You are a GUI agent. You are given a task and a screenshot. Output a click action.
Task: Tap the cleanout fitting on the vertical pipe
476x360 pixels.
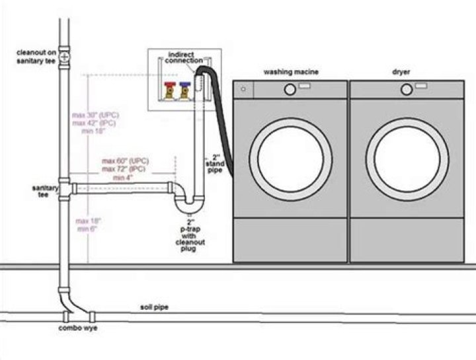click(63, 56)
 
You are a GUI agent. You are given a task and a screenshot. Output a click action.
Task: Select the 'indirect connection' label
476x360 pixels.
click(185, 57)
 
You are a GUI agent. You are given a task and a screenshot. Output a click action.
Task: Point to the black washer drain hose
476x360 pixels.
click(223, 119)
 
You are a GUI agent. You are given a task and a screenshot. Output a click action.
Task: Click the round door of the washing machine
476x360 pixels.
click(291, 159)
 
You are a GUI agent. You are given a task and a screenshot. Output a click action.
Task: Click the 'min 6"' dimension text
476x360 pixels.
click(84, 229)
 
